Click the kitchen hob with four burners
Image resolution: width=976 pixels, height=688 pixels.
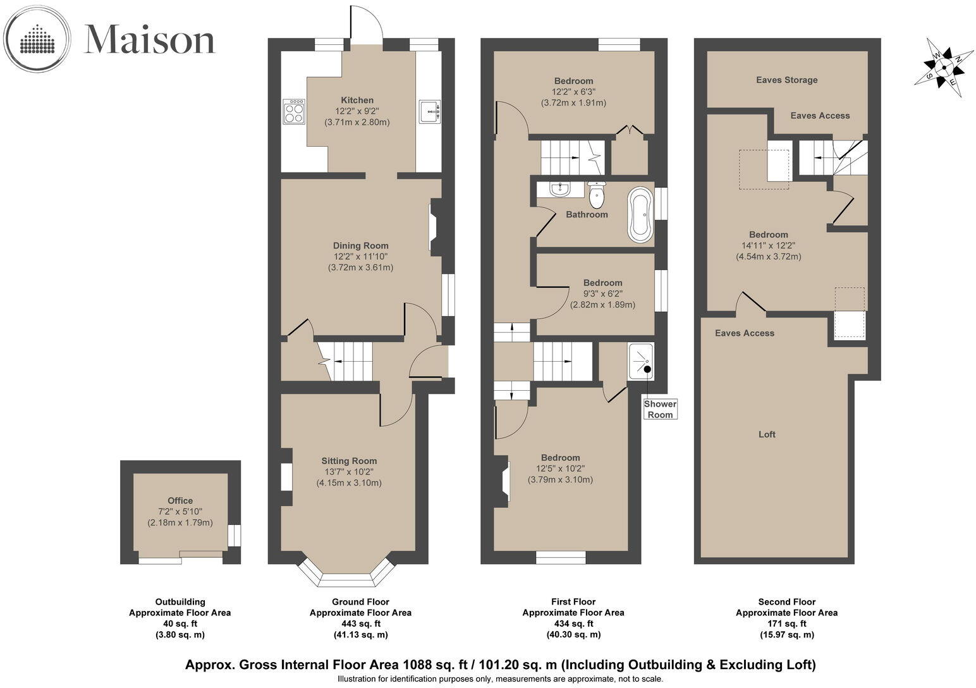pyautogui.click(x=293, y=111)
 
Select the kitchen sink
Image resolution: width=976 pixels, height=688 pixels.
pyautogui.click(x=429, y=111)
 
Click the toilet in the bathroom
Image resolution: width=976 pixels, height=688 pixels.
pyautogui.click(x=596, y=194)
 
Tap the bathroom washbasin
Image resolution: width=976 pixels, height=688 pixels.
pyautogui.click(x=559, y=188)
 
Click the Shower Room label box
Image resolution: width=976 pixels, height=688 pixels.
pyautogui.click(x=660, y=409)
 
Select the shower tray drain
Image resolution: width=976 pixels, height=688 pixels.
pyautogui.click(x=647, y=369)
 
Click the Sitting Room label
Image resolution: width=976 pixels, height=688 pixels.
pyautogui.click(x=349, y=461)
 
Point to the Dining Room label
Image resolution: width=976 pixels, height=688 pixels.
pyautogui.click(x=361, y=245)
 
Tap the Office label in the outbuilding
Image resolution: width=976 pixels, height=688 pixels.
pyautogui.click(x=180, y=500)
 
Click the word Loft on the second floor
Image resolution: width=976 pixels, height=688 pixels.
pyautogui.click(x=767, y=434)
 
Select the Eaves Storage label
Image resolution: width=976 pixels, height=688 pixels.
pyautogui.click(x=786, y=80)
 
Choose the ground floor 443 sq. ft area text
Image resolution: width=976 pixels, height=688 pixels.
pyautogui.click(x=360, y=623)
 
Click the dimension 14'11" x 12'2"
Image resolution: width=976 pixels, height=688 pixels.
pyautogui.click(x=769, y=245)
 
